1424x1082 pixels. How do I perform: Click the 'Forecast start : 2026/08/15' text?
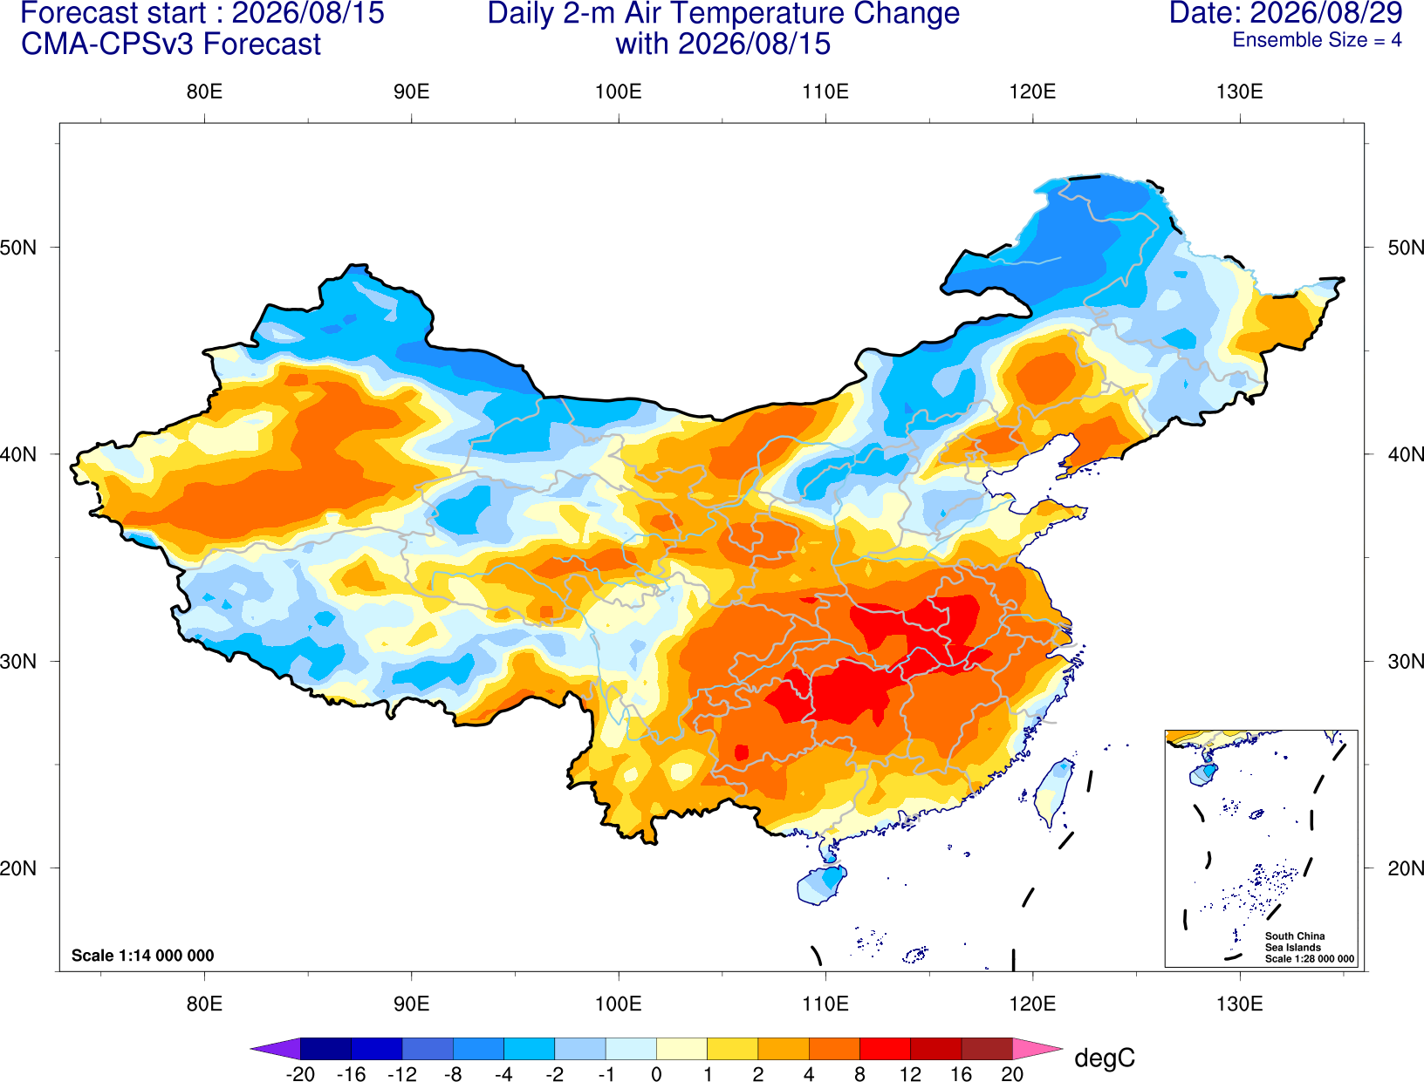(202, 13)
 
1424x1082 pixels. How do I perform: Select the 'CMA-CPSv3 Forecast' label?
(171, 44)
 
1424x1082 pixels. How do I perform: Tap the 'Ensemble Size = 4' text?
(1317, 40)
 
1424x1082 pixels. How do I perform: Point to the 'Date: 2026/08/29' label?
(1286, 13)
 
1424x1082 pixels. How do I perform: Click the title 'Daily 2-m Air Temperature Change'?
(723, 13)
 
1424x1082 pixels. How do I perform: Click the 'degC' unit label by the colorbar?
(1105, 1058)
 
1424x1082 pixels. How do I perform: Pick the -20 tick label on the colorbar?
(300, 1074)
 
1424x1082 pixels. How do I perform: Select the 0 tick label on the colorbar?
(656, 1074)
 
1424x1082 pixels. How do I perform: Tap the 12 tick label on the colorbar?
(910, 1074)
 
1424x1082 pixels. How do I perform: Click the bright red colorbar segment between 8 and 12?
(885, 1048)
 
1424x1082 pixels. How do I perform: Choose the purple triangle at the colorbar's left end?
(276, 1048)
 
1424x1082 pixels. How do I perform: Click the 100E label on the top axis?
(619, 92)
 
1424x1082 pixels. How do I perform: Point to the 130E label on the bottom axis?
(1240, 1004)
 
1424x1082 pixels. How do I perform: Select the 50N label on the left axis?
(18, 247)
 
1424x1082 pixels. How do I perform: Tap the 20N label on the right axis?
(1406, 868)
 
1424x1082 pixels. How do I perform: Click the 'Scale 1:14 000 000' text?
(143, 956)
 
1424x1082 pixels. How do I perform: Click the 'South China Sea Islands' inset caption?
(1295, 942)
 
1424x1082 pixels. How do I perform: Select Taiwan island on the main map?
(1051, 793)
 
